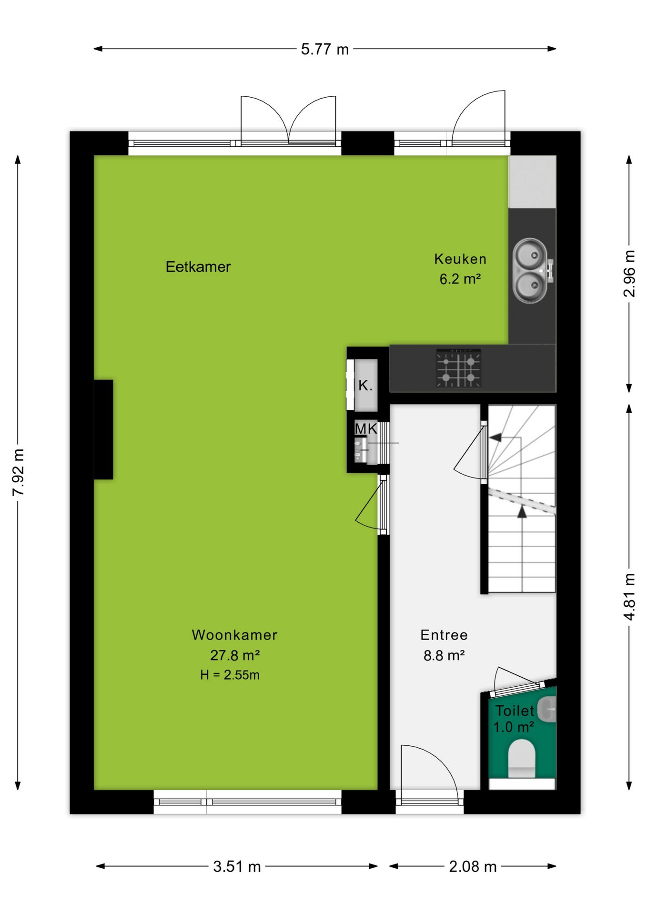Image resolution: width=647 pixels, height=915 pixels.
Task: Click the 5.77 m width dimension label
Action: coord(324,49)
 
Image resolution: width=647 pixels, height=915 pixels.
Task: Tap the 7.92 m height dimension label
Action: coord(18,472)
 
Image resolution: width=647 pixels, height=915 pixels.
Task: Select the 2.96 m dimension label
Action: coord(629,274)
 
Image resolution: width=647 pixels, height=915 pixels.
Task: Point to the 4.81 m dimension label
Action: coord(629,597)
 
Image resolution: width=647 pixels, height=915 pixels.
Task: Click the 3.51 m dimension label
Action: coord(237,866)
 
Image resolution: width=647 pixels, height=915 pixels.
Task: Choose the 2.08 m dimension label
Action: coord(473,866)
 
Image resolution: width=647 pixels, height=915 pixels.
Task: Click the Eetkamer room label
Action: coord(198,266)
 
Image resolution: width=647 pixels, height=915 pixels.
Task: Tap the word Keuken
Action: coord(460,259)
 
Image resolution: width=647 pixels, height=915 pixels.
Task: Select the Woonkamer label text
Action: coord(234,635)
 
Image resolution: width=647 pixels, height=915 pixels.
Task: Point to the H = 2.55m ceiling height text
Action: coord(230,675)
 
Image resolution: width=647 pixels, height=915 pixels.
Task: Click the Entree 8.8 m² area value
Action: coord(444,656)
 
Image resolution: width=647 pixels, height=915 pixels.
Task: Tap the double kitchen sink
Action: coord(532,271)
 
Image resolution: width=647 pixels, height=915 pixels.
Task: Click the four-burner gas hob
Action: coord(458,368)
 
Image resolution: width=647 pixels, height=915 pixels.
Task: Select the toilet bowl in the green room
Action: coord(522,758)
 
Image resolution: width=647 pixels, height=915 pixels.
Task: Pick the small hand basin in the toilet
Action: coord(547,710)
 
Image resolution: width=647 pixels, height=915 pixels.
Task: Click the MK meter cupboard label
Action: coord(366,428)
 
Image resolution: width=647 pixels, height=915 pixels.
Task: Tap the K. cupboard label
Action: coord(365,385)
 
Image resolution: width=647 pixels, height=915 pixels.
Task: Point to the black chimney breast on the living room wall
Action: coord(103,429)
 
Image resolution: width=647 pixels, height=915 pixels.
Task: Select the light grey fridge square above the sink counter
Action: coord(532,182)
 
